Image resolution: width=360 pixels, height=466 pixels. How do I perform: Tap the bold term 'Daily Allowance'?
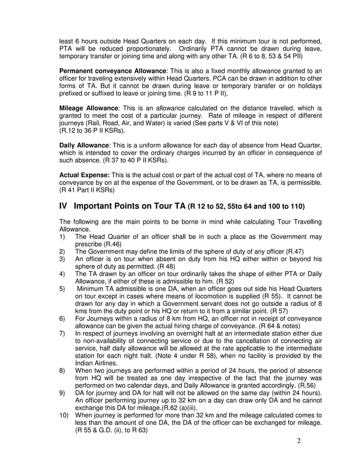coord(85,145)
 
